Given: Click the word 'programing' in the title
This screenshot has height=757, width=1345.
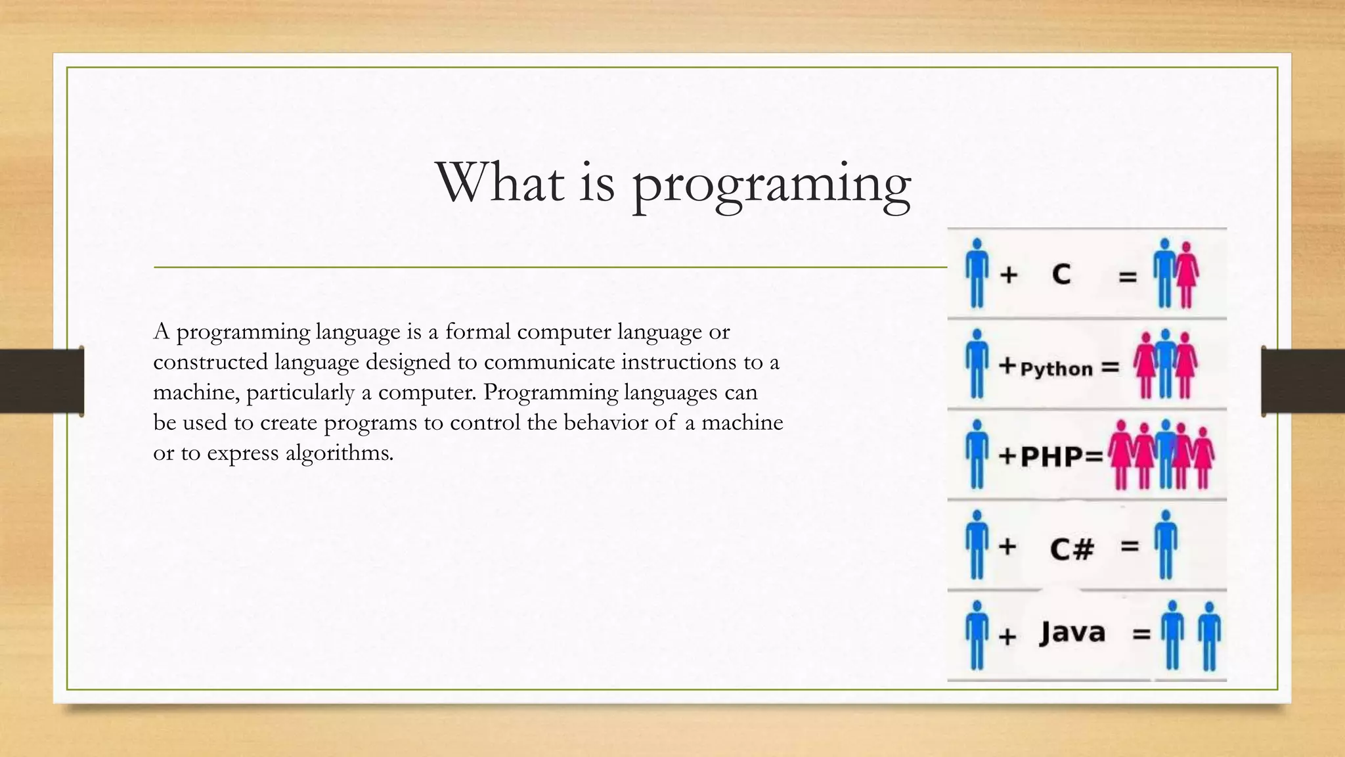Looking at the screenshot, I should coord(772,185).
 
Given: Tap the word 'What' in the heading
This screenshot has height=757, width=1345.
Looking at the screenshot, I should coord(500,182).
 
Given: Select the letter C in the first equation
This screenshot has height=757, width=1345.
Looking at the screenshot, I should coord(1061,274).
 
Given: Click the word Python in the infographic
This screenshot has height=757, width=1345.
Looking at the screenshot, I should coord(1056,369).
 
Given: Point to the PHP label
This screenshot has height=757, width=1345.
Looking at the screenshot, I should coord(1052,457).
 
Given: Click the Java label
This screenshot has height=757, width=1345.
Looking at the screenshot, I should coord(1072,633).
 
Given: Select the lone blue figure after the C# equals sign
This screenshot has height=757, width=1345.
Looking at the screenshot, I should coord(1166,544).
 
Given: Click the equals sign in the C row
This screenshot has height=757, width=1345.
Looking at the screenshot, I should coord(1128,278).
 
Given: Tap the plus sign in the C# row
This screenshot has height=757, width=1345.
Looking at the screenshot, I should coord(1007,547).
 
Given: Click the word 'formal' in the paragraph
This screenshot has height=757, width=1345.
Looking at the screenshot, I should coord(477,332).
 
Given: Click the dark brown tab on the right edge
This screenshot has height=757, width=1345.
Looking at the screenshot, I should coord(1303,381).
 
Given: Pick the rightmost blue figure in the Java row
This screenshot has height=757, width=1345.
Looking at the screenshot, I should coord(1209,635).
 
